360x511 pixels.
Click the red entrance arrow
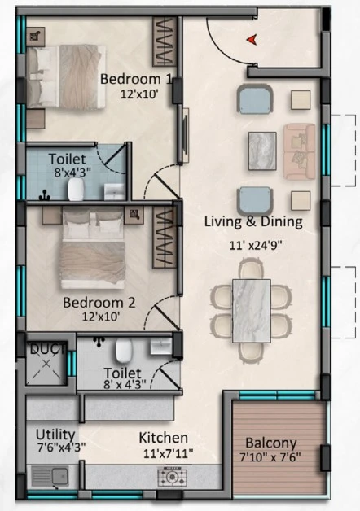coord(252,40)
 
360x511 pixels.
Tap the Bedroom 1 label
coord(136,79)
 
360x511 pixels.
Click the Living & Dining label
coord(253,221)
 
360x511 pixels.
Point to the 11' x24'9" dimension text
coord(255,245)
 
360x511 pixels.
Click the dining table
coord(252,311)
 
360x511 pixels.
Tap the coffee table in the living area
coord(262,151)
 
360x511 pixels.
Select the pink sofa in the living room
coord(300,151)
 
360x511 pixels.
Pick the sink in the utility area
coord(50,477)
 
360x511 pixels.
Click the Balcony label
coord(271,443)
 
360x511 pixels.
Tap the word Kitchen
coord(164,438)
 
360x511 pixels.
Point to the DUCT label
coord(47,349)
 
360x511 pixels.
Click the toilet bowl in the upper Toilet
coord(76,190)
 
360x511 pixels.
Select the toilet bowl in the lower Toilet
coord(124,351)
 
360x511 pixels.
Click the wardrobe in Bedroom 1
coord(165,42)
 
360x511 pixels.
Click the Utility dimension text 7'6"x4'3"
coord(61,448)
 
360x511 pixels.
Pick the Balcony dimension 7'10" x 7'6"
coord(270,457)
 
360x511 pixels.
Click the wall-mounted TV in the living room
coord(186,136)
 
